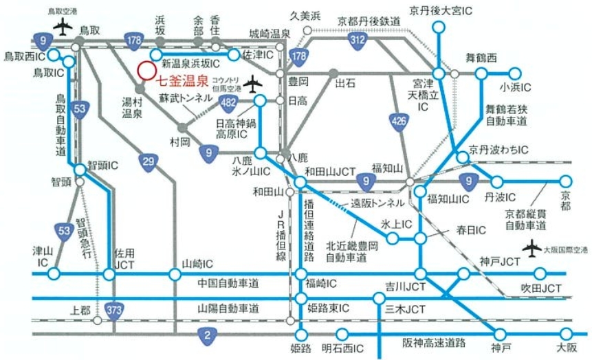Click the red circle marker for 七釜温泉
tap(146, 70)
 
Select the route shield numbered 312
tap(357, 41)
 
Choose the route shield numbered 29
tap(148, 161)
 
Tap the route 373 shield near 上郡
tap(115, 311)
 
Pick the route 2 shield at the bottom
tap(206, 336)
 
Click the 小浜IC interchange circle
tap(516, 71)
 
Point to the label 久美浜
tap(305, 15)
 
